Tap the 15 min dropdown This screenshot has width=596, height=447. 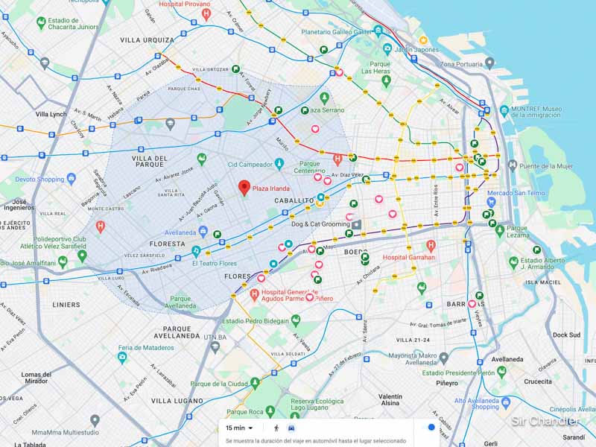pyautogui.click(x=239, y=428)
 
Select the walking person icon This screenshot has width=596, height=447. pyautogui.click(x=276, y=428)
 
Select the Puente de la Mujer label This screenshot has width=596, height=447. pyautogui.click(x=545, y=165)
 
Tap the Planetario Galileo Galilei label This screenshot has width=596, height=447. pyautogui.click(x=336, y=32)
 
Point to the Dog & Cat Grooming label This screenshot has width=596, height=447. pyautogui.click(x=320, y=223)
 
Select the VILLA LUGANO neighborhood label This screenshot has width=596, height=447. pyautogui.click(x=177, y=401)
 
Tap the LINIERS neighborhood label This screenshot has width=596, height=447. pyautogui.click(x=66, y=305)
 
